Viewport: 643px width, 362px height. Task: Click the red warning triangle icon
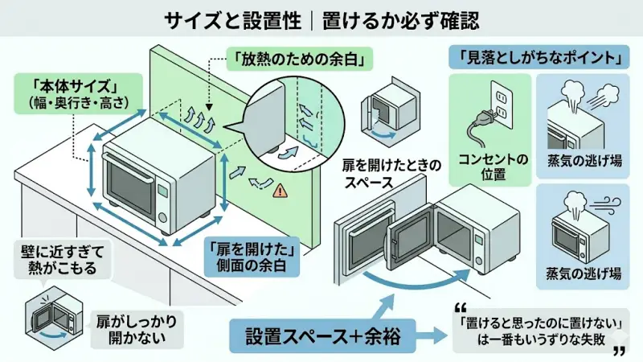pos(280,191)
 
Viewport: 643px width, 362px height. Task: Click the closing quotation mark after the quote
pos(619,352)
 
